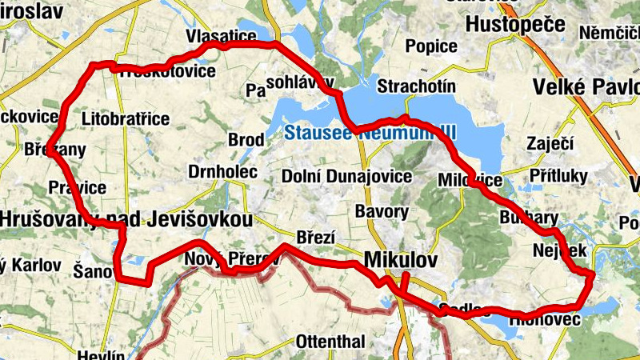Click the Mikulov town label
pyautogui.click(x=401, y=260)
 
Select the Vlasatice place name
pyautogui.click(x=221, y=37)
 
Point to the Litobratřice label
pyautogui.click(x=126, y=119)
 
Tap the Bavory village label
pyautogui.click(x=382, y=212)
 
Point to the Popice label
pyautogui.click(x=431, y=46)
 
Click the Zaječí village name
pyautogui.click(x=546, y=144)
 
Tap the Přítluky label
pyautogui.click(x=558, y=176)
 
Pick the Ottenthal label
pyautogui.click(x=330, y=342)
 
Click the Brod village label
pyautogui.click(x=246, y=140)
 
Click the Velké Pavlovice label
pyautogui.click(x=589, y=86)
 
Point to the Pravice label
pyautogui.click(x=77, y=188)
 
